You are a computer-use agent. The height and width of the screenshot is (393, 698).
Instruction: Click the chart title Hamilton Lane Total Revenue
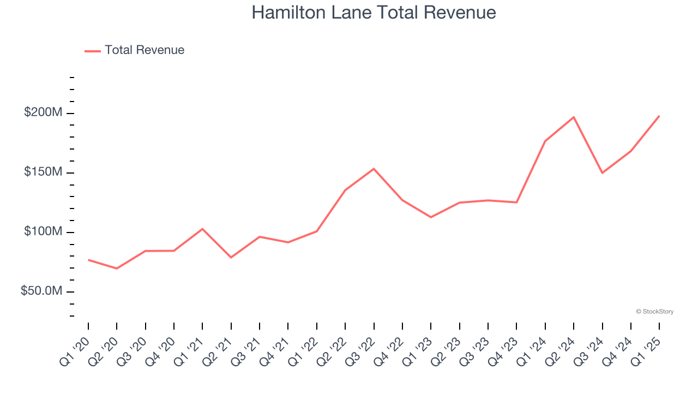pos(374,13)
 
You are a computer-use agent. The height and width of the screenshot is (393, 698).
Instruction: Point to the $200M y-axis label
pos(43,113)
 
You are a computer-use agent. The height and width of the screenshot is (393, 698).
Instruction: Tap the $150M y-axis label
pos(43,172)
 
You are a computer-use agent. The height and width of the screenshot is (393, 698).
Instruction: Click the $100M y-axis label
pos(43,232)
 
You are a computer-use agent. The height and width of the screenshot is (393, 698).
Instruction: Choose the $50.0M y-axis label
pos(41,291)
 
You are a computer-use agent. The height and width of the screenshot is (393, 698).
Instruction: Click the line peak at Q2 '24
pos(574,117)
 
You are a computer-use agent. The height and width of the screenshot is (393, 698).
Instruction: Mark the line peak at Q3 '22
pos(374,169)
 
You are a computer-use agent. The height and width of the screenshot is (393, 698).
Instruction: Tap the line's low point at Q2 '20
pos(117,269)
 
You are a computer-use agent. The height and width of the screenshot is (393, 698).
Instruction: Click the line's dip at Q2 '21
pos(231,257)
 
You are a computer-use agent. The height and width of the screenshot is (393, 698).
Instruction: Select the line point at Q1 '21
pos(202,229)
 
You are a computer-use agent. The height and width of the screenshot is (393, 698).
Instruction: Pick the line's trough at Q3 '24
pos(602,173)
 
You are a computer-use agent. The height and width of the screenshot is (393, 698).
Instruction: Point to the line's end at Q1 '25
pos(659,116)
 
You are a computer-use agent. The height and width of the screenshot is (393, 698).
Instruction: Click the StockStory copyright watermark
pos(655,312)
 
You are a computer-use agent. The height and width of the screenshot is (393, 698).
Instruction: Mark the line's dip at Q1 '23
pos(431,217)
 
